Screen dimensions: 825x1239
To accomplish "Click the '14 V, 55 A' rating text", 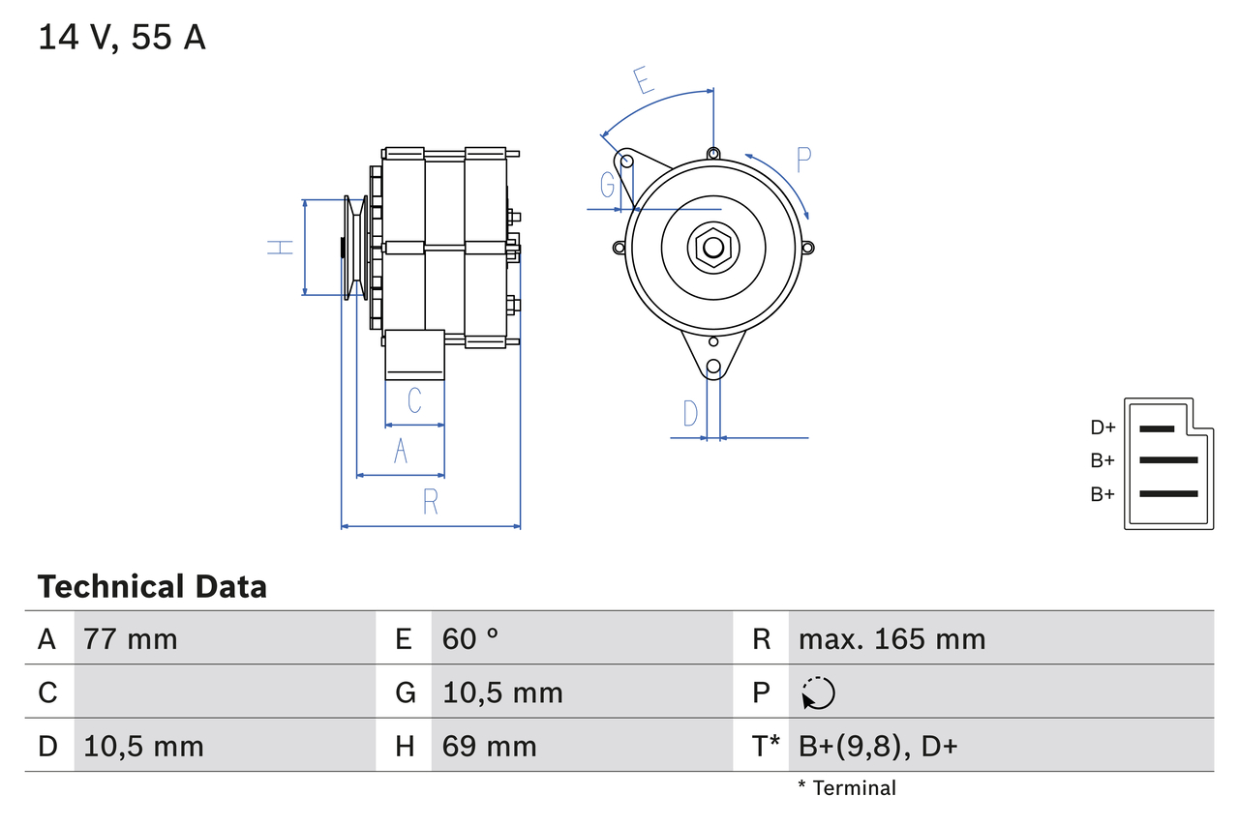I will tap(122, 38).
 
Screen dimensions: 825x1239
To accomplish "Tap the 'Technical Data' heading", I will tap(152, 587).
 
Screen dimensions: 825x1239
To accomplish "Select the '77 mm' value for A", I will tap(131, 639).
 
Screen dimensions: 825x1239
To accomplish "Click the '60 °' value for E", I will tap(470, 639).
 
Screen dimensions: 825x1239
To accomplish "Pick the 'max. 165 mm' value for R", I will tap(891, 639).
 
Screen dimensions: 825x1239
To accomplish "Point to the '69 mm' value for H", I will tap(489, 747).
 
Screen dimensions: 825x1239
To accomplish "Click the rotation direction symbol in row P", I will tap(818, 693).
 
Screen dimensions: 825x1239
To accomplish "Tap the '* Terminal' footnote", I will tap(847, 788).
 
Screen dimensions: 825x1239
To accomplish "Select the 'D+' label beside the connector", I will tap(1103, 427).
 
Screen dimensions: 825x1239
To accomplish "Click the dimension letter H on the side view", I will tap(281, 248).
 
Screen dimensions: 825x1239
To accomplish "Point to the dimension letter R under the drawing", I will tap(431, 502).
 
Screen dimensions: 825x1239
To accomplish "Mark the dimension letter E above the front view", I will tap(644, 80).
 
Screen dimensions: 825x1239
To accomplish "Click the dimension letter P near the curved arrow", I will tap(803, 160).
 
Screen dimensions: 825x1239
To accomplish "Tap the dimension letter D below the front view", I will tap(690, 414).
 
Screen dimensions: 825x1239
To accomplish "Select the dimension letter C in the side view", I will tap(414, 400).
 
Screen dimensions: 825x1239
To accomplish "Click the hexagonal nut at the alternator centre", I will tap(712, 247).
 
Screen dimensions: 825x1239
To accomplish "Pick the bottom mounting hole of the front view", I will tap(713, 367).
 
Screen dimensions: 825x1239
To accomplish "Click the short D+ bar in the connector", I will tap(1157, 428).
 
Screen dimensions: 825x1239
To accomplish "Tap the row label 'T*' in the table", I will tap(767, 747).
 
